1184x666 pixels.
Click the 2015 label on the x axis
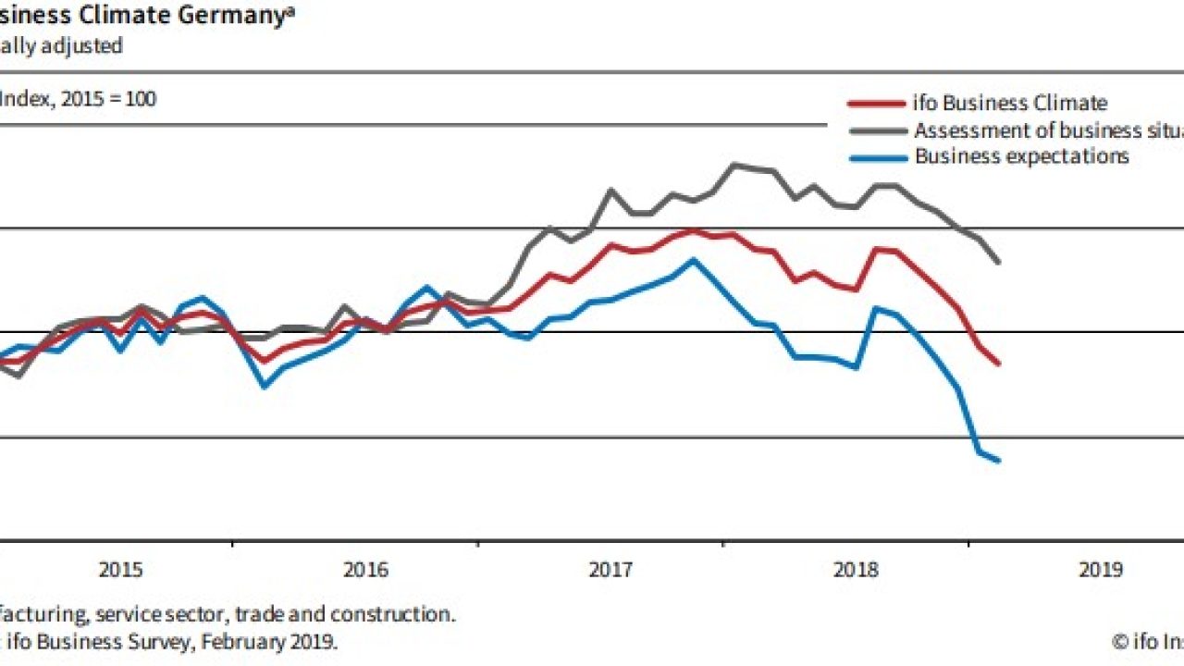(120, 570)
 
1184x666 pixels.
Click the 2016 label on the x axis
(365, 570)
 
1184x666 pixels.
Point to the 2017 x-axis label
(610, 570)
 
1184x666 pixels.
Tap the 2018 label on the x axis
(856, 570)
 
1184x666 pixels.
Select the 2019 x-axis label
(1101, 570)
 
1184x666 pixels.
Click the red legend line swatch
(876, 104)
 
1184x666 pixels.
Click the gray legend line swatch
(876, 130)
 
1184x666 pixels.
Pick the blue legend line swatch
(876, 157)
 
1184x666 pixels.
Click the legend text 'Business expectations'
(1021, 156)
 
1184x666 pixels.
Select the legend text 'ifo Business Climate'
(1010, 104)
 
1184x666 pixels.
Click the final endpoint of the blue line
(999, 460)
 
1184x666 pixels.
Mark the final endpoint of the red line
(999, 364)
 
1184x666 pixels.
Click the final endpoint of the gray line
(999, 263)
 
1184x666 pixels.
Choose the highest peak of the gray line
(734, 165)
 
